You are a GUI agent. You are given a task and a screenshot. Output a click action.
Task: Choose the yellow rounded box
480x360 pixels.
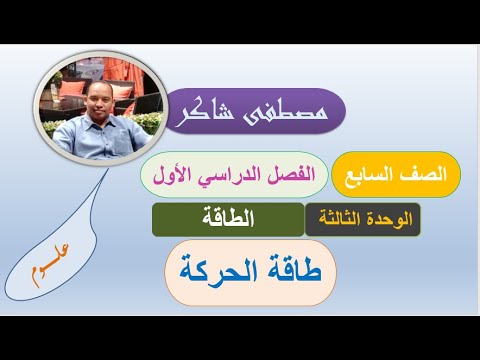click(394, 174)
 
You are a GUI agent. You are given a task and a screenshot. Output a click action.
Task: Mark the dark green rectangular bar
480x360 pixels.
click(228, 219)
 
